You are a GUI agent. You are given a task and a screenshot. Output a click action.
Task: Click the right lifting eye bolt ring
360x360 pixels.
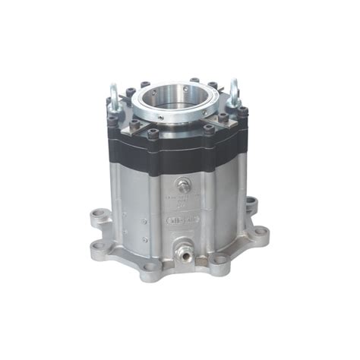(x=235, y=90)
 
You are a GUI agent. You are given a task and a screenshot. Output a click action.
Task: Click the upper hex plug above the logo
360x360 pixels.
(x=182, y=187)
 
